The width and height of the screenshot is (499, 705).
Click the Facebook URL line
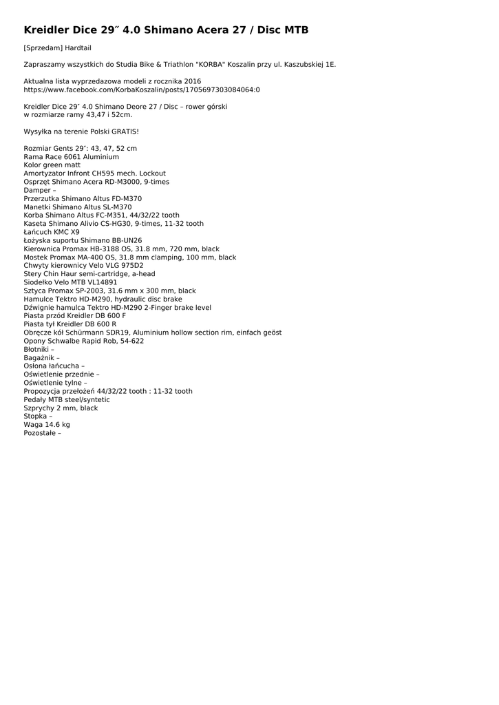pos(142,90)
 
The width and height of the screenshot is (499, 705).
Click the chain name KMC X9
pos(65,232)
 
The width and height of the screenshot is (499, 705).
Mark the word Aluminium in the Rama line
pos(100,157)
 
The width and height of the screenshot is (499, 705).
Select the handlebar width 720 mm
pos(186,249)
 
